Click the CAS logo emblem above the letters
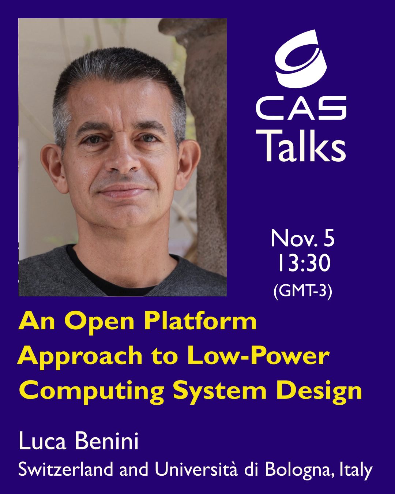(x=301, y=59)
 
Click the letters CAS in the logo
(x=301, y=108)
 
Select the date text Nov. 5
(x=302, y=238)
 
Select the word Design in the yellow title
(x=319, y=392)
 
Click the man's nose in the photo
(x=123, y=158)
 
